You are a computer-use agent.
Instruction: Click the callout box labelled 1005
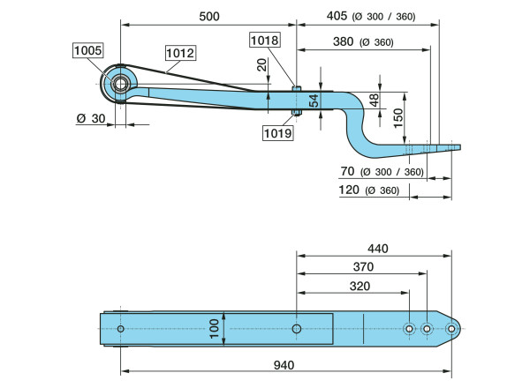click(87, 51)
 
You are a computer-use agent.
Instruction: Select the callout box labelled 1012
click(180, 53)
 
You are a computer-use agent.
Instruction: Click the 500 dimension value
click(208, 17)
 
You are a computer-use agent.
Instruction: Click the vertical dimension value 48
click(375, 101)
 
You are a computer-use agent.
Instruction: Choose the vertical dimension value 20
click(261, 66)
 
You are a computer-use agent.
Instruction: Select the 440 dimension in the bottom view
click(377, 250)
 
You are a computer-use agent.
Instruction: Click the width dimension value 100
click(213, 329)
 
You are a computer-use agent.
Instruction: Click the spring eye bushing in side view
click(118, 84)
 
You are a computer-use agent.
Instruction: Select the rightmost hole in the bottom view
click(450, 329)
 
